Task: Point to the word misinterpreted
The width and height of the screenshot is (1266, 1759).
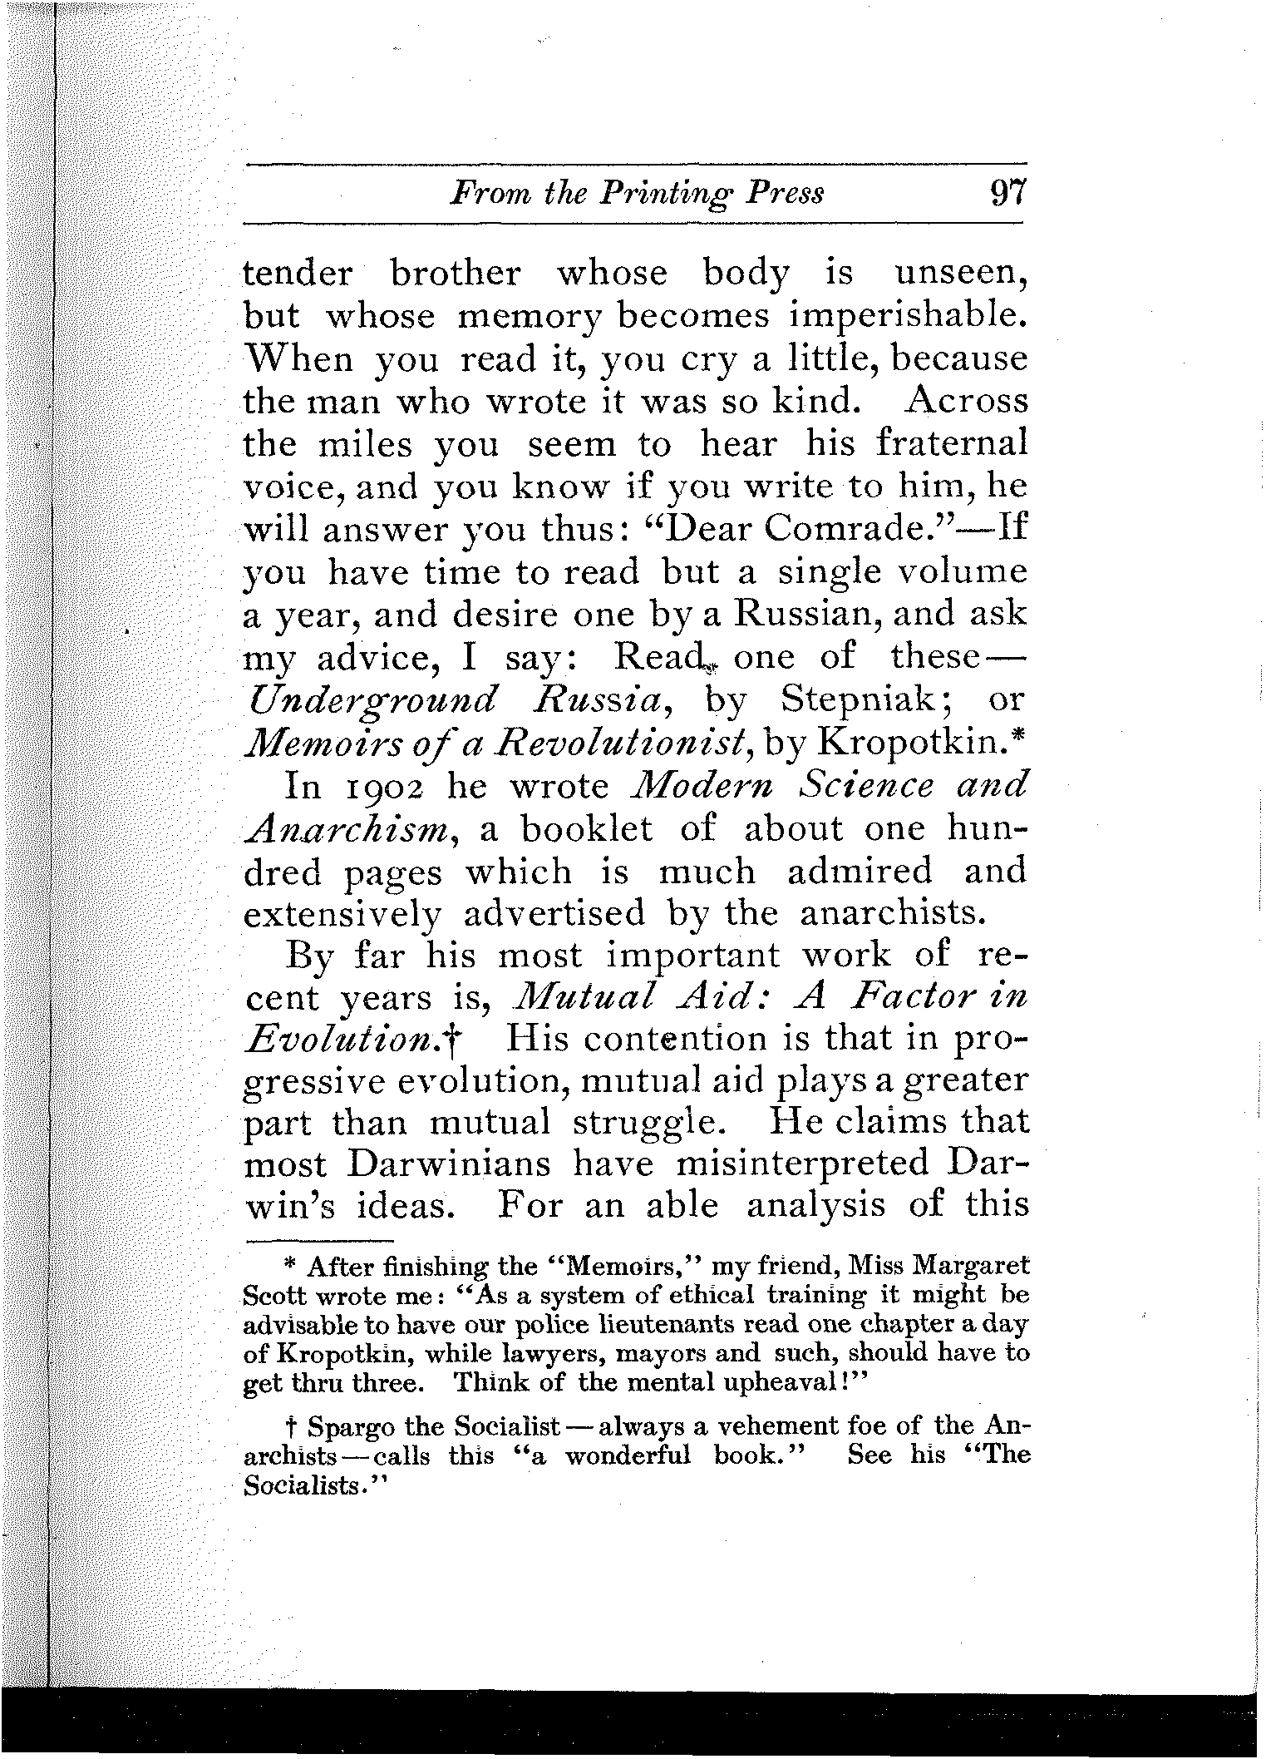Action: [802, 1164]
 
